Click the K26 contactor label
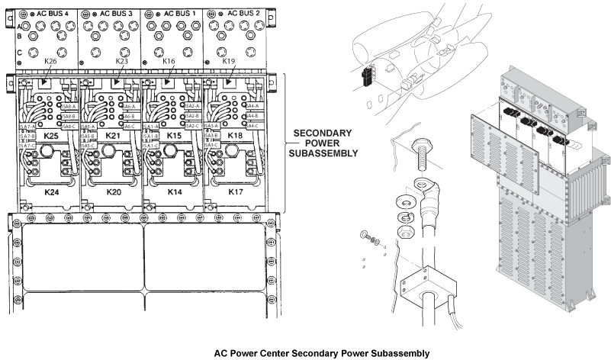click(x=51, y=60)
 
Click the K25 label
click(x=52, y=135)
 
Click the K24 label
click(x=51, y=192)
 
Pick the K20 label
click(x=114, y=192)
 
